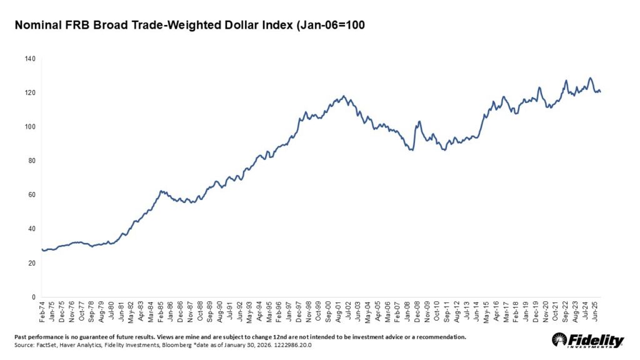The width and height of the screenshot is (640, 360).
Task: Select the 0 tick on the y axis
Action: [34, 297]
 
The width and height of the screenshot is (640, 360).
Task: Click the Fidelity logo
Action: [587, 341]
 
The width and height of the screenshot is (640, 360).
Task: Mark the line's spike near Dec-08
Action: [419, 121]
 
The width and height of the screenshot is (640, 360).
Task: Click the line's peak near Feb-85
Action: [161, 191]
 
